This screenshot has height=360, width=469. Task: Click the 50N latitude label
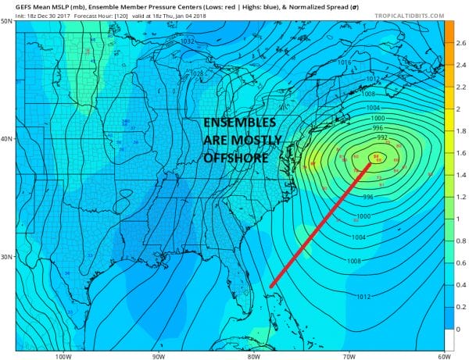[7, 21]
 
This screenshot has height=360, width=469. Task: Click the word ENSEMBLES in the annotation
[239, 125]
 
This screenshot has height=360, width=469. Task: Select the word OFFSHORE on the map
[234, 159]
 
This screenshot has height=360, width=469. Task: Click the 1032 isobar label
[188, 41]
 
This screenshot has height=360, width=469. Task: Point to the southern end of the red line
[270, 287]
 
